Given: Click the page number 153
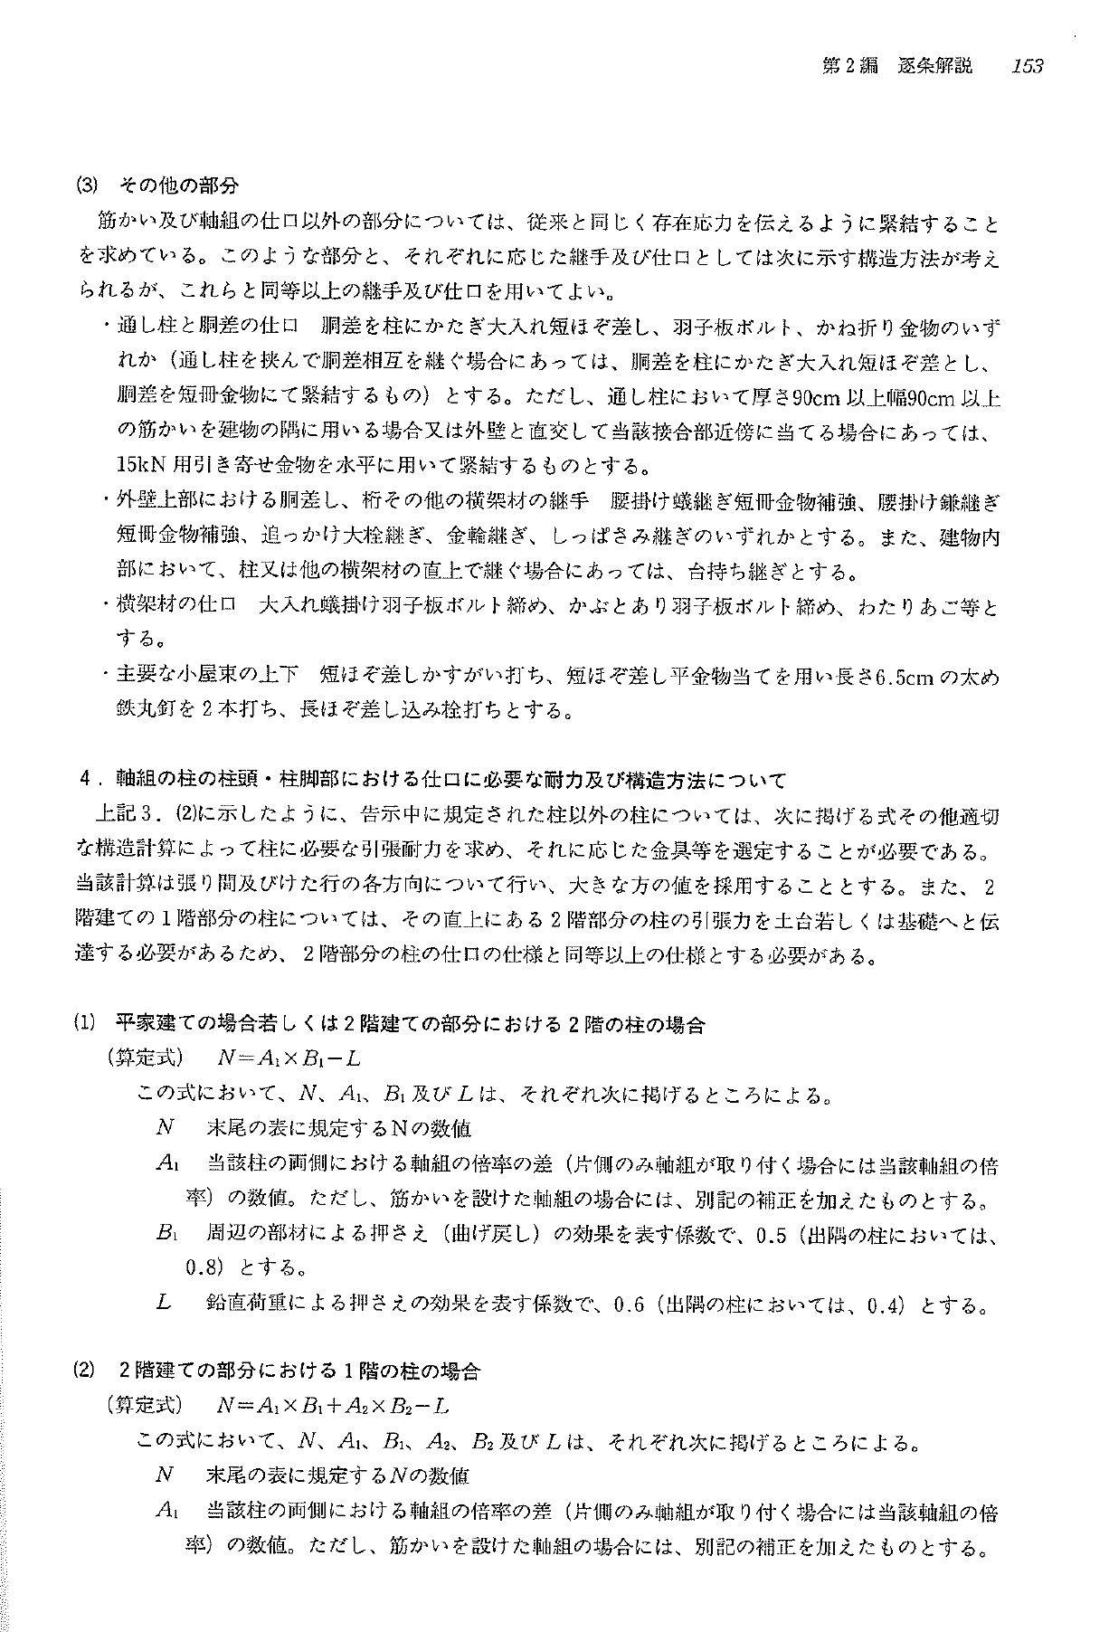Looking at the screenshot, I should click(x=1028, y=65).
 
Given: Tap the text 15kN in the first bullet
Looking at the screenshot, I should click(x=137, y=466).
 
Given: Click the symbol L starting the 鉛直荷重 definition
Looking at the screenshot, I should click(x=164, y=1304).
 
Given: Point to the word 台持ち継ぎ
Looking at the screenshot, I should click(x=725, y=572).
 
